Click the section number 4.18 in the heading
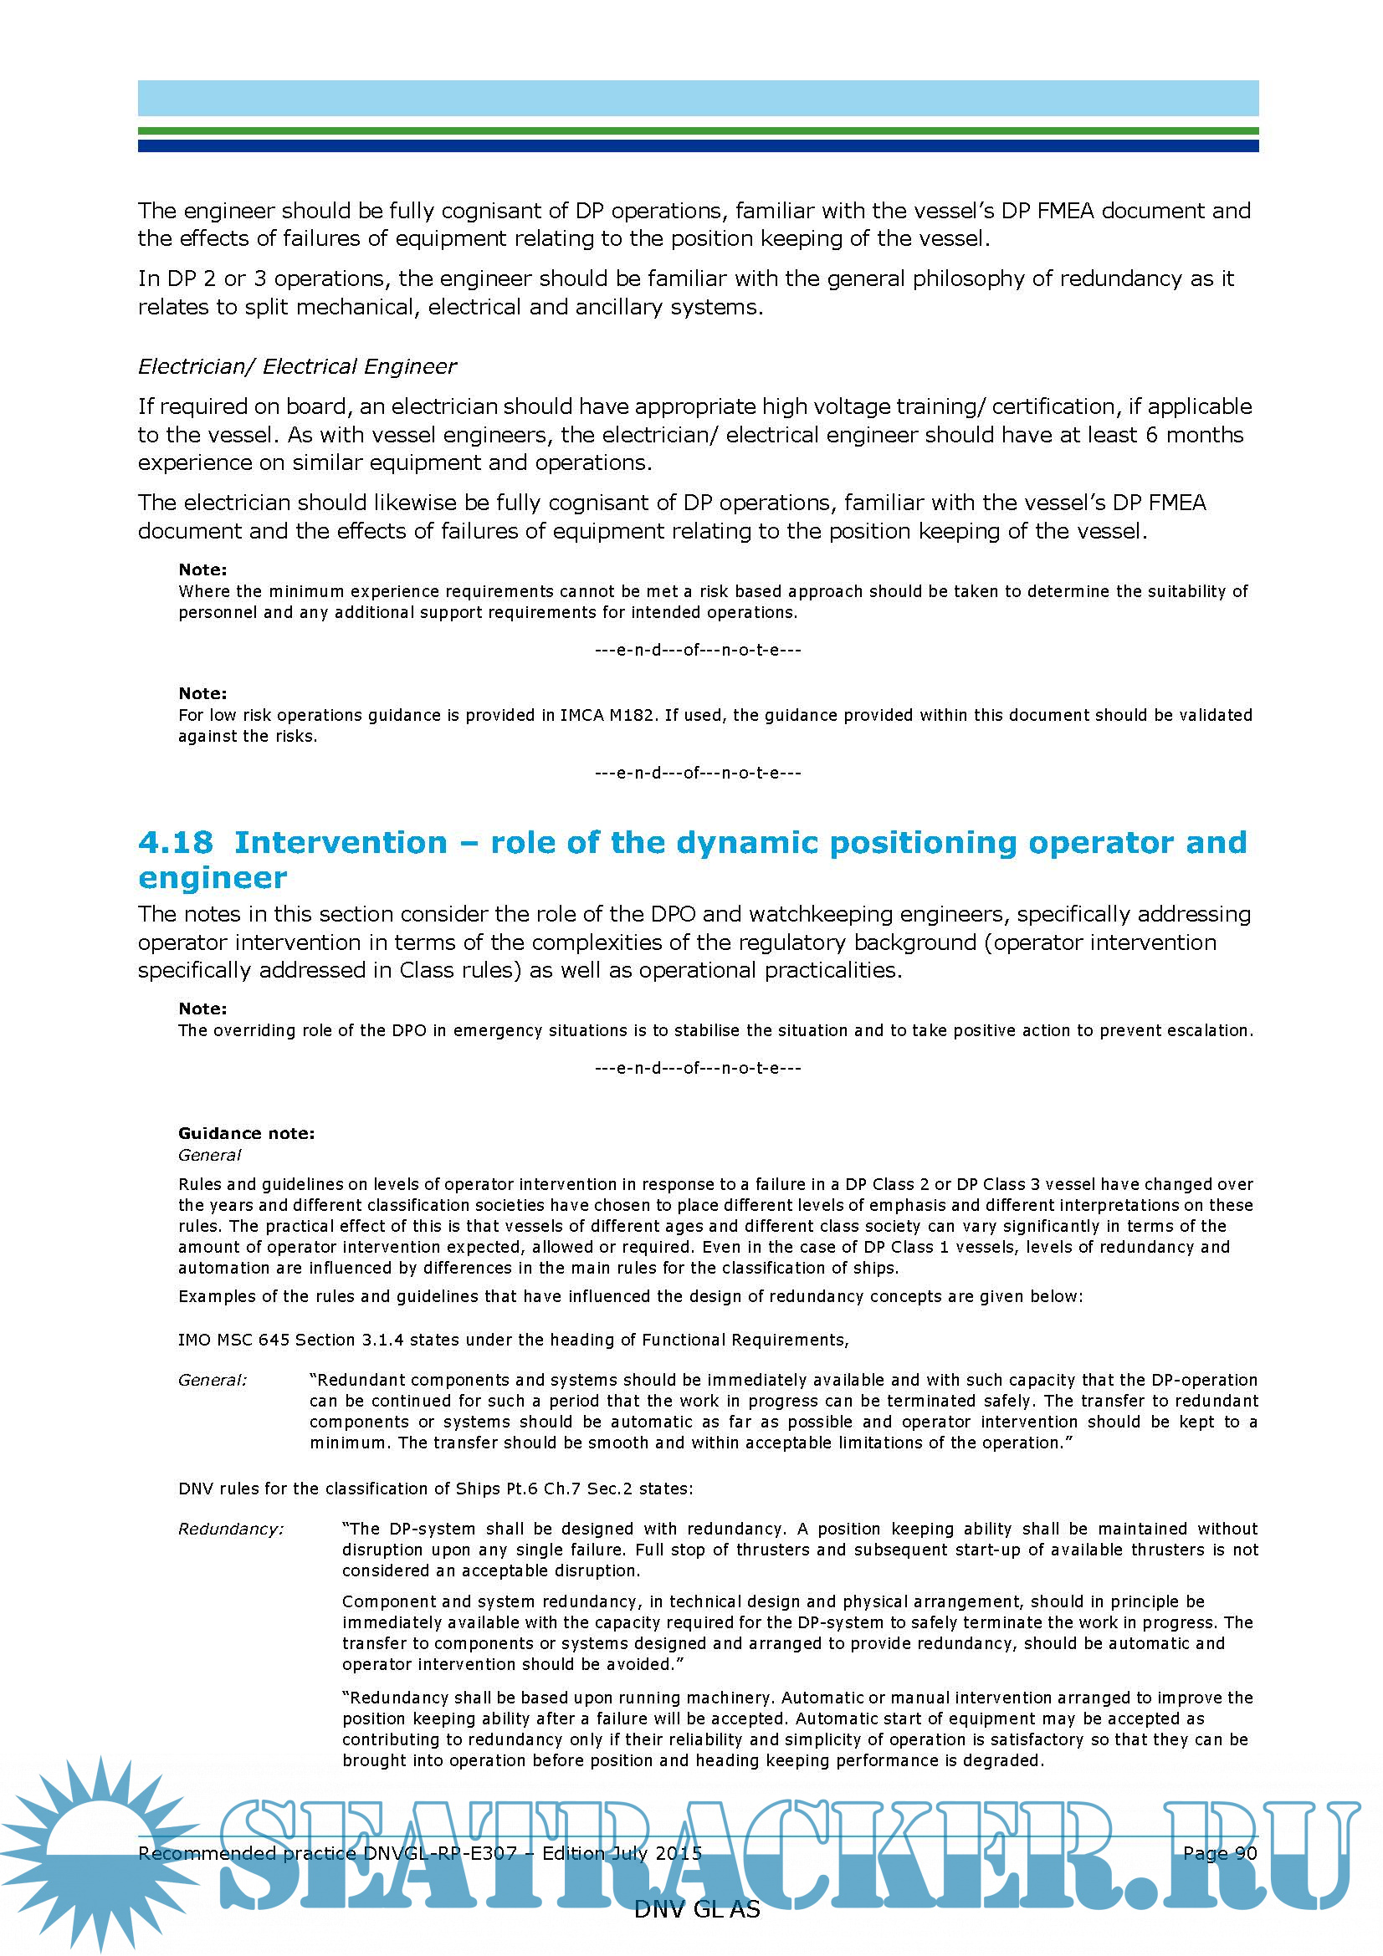(x=175, y=843)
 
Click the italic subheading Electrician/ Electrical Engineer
(x=296, y=366)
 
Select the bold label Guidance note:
(x=246, y=1133)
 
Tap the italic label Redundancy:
(x=231, y=1530)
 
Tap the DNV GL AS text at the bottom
(x=696, y=1909)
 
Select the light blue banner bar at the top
(x=697, y=98)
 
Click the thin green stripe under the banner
(x=697, y=130)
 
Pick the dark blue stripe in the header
(x=697, y=146)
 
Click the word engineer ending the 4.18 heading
(x=213, y=878)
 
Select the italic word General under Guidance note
(x=210, y=1155)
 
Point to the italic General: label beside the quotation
(x=213, y=1380)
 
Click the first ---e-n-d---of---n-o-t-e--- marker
(x=697, y=650)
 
